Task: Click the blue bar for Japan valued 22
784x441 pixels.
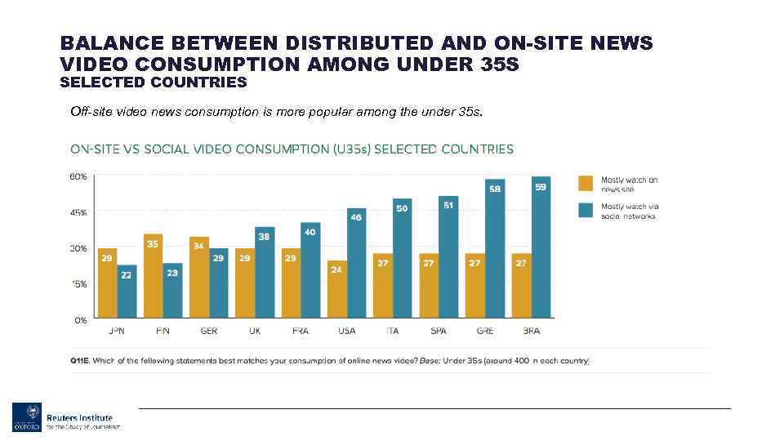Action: (127, 292)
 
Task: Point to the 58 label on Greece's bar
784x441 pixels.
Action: (495, 189)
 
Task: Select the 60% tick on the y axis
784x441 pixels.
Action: (78, 176)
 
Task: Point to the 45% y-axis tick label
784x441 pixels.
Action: (78, 212)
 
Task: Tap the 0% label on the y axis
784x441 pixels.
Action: (81, 320)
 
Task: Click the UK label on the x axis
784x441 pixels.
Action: (254, 331)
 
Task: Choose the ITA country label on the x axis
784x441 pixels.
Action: (392, 331)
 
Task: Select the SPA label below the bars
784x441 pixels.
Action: (438, 331)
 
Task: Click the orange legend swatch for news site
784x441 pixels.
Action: (586, 183)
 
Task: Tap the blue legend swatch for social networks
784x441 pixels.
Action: (586, 210)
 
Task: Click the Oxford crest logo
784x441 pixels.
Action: (24, 417)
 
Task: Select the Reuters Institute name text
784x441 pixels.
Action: (79, 417)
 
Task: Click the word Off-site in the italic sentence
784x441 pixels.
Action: (90, 111)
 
